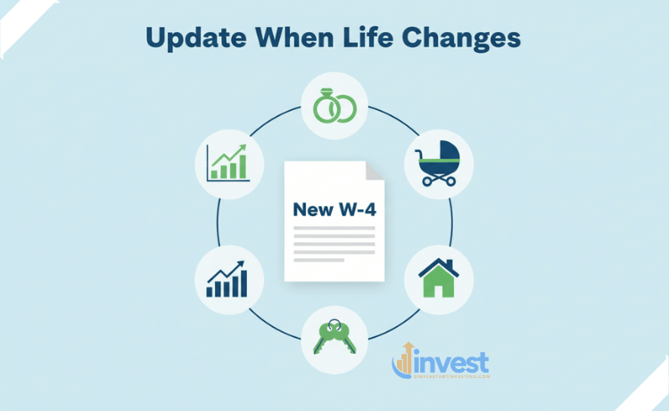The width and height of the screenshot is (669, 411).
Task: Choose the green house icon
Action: pyautogui.click(x=439, y=278)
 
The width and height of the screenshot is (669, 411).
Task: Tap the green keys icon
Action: pyautogui.click(x=335, y=338)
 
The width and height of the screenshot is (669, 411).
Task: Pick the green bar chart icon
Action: pyautogui.click(x=229, y=163)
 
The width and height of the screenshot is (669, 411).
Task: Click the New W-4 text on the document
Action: pyautogui.click(x=328, y=210)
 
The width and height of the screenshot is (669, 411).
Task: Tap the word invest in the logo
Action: pyautogui.click(x=452, y=365)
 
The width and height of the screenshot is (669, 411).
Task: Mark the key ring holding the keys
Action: pyautogui.click(x=334, y=324)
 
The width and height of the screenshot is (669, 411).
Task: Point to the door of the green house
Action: pyautogui.click(x=439, y=289)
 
